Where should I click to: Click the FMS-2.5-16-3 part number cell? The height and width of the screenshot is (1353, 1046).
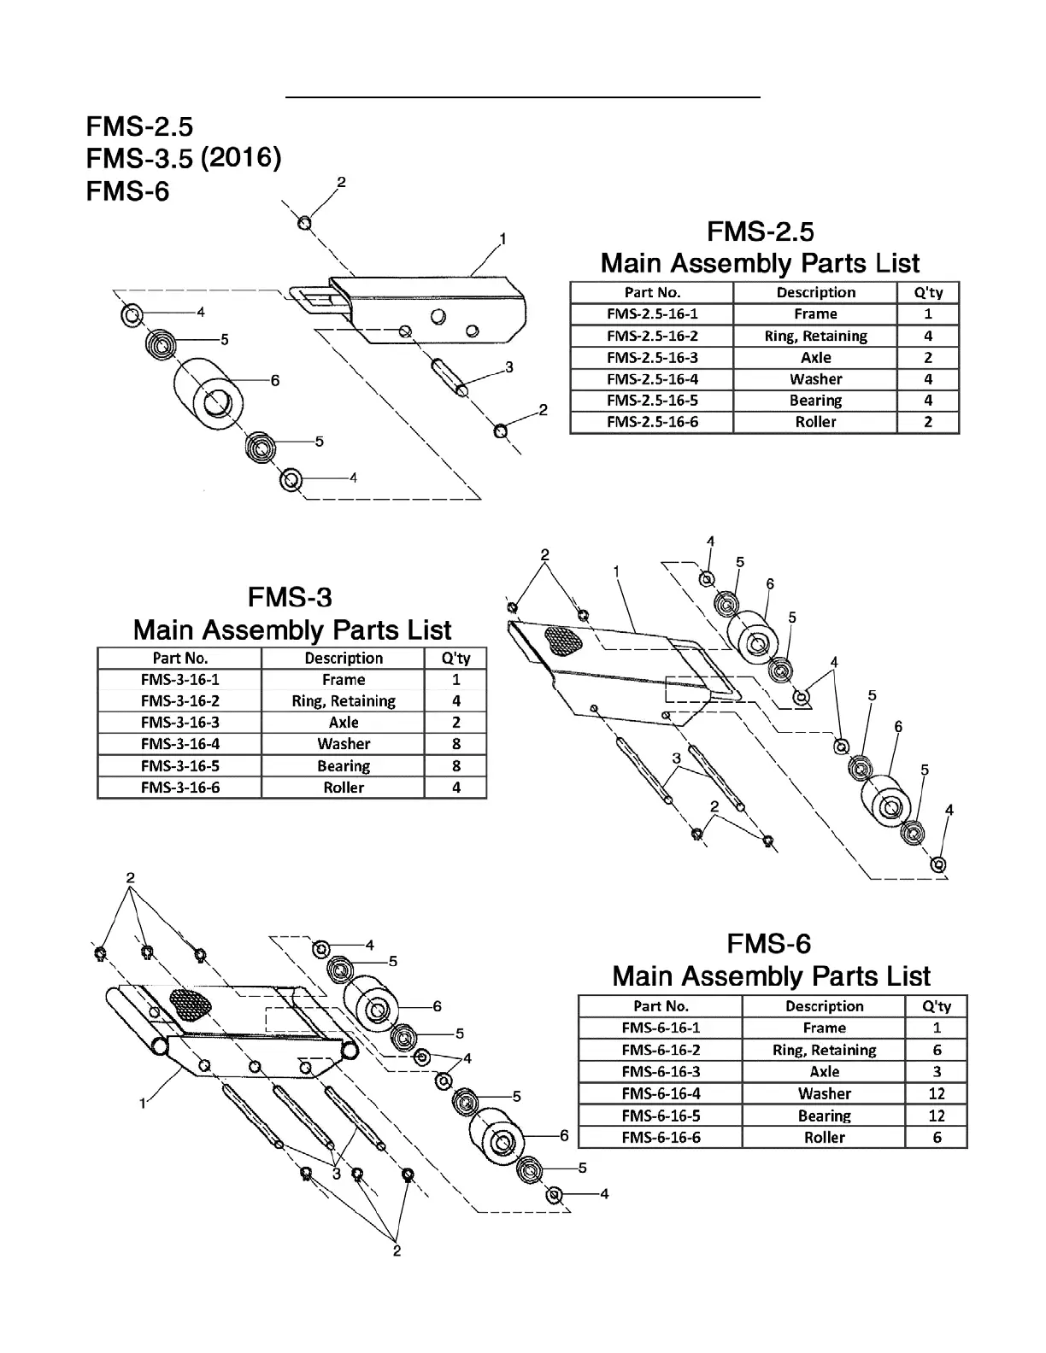tap(652, 358)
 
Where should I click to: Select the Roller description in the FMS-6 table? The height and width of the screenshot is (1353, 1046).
tap(824, 1138)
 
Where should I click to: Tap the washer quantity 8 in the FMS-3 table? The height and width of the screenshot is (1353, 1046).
tap(456, 744)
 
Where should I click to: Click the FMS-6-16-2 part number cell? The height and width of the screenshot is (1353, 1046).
tap(661, 1050)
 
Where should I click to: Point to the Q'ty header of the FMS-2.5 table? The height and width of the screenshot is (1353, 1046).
tap(928, 292)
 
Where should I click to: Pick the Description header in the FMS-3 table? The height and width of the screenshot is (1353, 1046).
tap(344, 659)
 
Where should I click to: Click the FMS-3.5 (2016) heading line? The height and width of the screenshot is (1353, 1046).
tap(183, 159)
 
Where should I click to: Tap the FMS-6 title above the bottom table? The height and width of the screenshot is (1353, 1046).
tap(768, 944)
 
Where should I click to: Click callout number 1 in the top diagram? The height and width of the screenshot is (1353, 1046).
tap(503, 239)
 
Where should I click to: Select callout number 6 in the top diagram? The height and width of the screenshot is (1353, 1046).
tap(275, 381)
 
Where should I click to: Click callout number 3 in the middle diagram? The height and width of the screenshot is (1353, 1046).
tap(676, 758)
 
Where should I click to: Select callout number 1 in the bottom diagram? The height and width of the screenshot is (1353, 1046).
tap(143, 1104)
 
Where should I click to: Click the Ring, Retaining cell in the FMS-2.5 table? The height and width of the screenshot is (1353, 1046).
tap(815, 337)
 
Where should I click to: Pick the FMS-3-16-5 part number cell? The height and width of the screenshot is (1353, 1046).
tap(179, 766)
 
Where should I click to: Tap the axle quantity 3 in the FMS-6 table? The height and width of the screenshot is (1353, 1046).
tap(937, 1072)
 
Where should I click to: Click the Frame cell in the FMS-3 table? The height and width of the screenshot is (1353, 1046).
tap(344, 680)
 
